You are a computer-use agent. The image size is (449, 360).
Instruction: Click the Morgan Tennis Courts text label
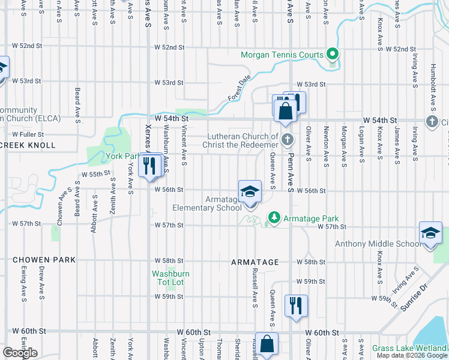click(x=282, y=55)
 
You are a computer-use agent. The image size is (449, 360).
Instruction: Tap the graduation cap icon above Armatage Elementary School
click(x=250, y=193)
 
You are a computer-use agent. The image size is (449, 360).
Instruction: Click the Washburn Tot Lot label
click(x=170, y=278)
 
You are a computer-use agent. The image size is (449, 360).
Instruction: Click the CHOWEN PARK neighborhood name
click(x=44, y=260)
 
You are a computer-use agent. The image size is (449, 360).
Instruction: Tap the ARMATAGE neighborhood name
click(x=255, y=263)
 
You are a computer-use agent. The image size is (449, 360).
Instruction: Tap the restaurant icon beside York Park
click(x=150, y=164)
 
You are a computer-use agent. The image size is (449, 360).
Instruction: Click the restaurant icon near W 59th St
click(x=295, y=305)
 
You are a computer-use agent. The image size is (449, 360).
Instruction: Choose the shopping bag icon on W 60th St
click(x=267, y=344)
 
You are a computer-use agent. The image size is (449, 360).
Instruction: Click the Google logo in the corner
click(x=20, y=353)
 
